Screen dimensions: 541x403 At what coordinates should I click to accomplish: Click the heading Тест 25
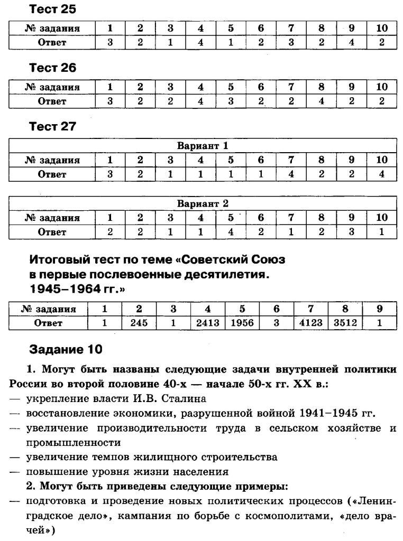53,9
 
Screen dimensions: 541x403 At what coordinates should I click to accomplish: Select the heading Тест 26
53,68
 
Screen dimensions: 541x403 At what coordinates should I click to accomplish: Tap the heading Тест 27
53,126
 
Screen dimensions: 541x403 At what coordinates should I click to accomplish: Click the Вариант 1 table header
203,146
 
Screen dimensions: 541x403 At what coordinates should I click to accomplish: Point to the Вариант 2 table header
203,203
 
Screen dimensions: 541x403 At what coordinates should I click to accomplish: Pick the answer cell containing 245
140,323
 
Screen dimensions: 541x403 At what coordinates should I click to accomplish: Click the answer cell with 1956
242,323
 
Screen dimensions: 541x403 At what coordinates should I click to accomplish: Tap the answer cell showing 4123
310,323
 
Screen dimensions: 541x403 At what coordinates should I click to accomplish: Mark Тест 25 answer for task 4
200,43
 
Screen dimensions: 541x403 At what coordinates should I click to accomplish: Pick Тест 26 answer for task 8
321,101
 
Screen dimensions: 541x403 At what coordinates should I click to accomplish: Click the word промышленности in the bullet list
73,442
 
